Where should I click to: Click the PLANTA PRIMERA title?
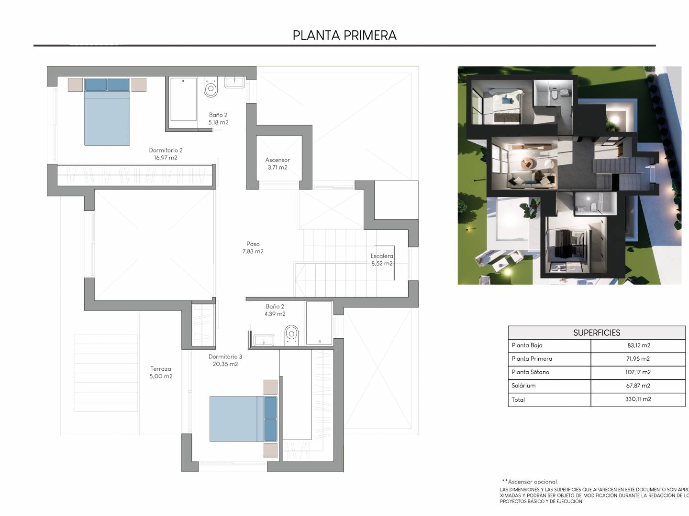click(x=344, y=35)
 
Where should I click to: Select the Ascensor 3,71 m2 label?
click(x=278, y=163)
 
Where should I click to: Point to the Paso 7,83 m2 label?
click(x=253, y=247)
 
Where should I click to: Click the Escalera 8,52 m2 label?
click(x=382, y=260)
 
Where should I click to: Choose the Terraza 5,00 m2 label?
click(x=161, y=373)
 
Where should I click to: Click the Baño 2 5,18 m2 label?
click(x=218, y=118)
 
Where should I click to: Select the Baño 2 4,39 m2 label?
click(x=275, y=310)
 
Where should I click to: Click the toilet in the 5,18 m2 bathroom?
click(x=211, y=87)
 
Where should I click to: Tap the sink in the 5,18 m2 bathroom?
click(x=234, y=82)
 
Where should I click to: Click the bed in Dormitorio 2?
click(x=107, y=112)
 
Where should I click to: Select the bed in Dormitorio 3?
click(x=244, y=419)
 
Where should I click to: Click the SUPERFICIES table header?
click(x=596, y=333)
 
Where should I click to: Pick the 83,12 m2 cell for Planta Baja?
click(x=639, y=345)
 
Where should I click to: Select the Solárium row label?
click(x=523, y=386)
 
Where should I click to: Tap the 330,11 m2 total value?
click(x=638, y=399)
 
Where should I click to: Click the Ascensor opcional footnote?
click(x=530, y=482)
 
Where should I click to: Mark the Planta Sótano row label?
click(x=531, y=372)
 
